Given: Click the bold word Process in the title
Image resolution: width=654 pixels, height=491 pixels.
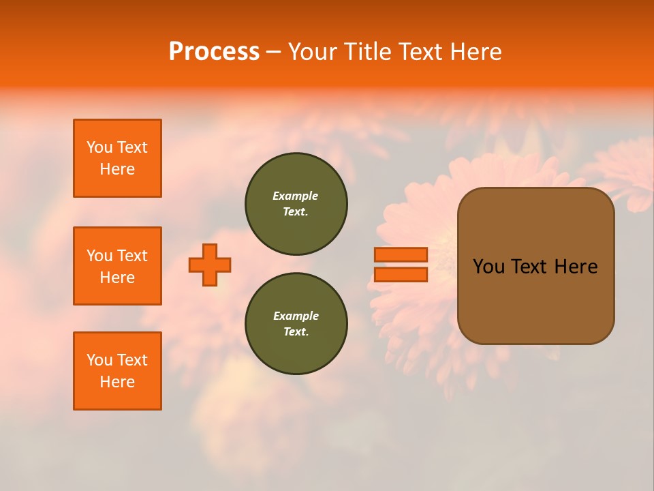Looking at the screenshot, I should pos(214,51).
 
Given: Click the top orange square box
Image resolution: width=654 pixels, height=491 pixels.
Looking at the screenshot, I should pos(117,158).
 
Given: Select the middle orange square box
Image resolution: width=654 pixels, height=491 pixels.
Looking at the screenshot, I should pos(117,266).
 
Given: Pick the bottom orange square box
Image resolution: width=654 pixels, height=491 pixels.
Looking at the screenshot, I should pos(117,371).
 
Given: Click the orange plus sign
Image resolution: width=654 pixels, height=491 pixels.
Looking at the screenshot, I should pos(210,265).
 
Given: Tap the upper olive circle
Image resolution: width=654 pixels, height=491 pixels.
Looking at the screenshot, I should pos(296,203).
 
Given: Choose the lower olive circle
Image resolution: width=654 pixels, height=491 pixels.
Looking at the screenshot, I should pos(296,324).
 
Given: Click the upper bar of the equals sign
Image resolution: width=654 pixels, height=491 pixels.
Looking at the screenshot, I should pos(401,254).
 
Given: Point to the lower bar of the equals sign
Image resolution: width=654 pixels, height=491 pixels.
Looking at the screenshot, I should pos(401,275).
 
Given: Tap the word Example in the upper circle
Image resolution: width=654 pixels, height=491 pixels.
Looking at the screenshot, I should pos(296,196).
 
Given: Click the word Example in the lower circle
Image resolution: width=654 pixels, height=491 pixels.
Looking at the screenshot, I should pos(296,316).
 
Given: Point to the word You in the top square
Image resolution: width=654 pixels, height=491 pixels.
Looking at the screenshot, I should pos(99,147).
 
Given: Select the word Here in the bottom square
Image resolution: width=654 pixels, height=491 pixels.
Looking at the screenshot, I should pos(117,382).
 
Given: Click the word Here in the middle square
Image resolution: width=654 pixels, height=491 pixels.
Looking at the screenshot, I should pos(117,278).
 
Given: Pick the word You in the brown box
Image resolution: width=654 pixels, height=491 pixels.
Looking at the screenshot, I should pos(488,267).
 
